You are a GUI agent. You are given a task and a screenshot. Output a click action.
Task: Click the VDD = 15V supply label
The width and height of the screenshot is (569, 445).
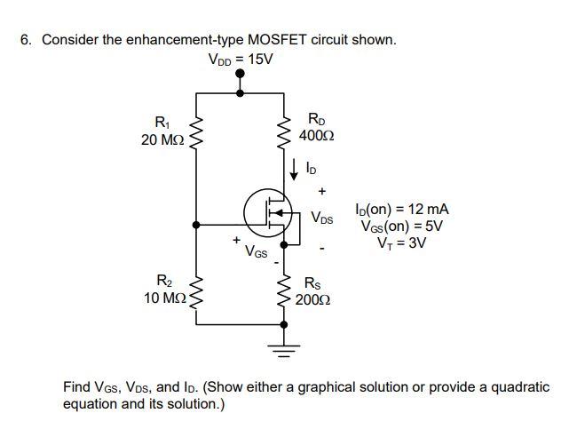(x=241, y=60)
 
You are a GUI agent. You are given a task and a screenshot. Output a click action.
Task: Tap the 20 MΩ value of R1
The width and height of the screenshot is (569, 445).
(x=163, y=139)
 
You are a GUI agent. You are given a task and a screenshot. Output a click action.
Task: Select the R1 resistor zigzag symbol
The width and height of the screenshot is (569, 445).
(x=196, y=131)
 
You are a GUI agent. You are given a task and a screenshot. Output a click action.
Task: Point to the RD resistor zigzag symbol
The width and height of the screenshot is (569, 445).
(x=286, y=132)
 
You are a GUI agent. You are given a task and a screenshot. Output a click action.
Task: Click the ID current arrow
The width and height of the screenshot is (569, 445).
(x=293, y=167)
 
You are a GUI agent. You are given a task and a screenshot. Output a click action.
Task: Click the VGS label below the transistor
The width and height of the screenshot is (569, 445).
(x=257, y=251)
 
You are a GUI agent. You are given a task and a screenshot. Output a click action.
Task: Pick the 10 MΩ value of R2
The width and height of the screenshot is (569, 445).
(x=163, y=297)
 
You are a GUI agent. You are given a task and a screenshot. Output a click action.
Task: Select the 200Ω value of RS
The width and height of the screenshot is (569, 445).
(x=315, y=299)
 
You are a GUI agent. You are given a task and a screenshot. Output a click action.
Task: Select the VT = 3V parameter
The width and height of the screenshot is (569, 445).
(x=401, y=242)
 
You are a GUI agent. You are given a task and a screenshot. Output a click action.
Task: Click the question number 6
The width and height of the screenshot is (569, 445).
(x=26, y=40)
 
